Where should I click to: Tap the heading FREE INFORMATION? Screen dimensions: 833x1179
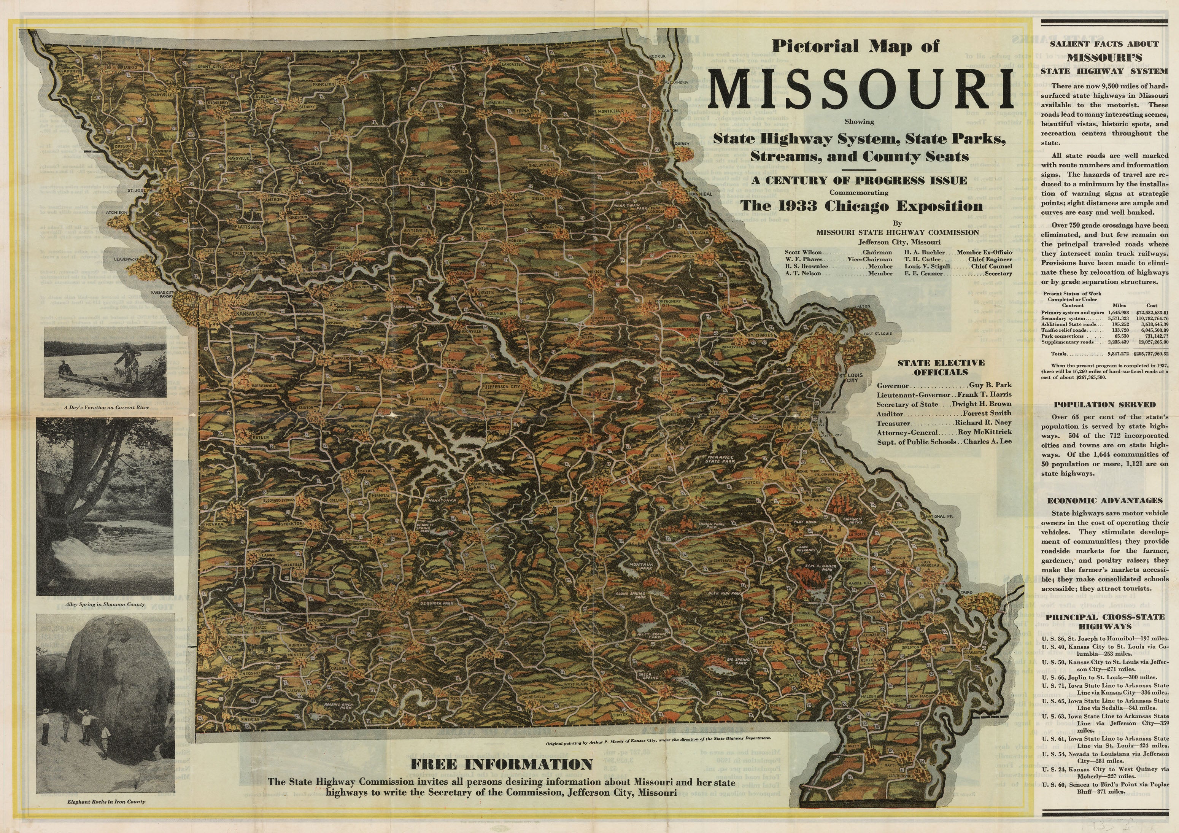coord(501,764)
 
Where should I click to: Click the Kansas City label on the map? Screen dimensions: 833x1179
coord(250,313)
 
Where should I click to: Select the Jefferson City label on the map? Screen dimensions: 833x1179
coord(503,386)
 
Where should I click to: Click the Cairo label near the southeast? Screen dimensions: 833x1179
coord(967,593)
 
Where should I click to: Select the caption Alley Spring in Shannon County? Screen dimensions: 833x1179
coord(106,604)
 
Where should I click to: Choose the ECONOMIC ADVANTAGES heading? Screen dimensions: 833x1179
coord(1104,500)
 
